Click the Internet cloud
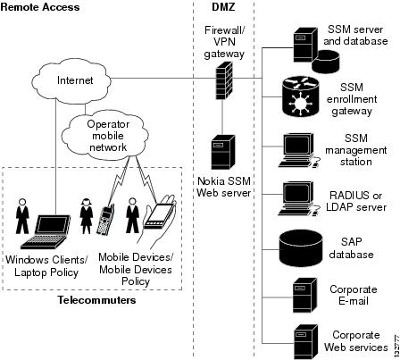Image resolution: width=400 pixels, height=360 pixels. pyautogui.click(x=71, y=80)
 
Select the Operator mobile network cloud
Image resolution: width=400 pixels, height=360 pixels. pyautogui.click(x=107, y=135)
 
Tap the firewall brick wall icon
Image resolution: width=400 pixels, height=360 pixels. pyautogui.click(x=223, y=80)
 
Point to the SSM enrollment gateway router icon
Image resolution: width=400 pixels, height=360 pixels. pyautogui.click(x=301, y=96)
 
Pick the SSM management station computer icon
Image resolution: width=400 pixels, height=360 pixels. pyautogui.click(x=298, y=150)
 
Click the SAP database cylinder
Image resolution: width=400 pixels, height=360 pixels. pyautogui.click(x=301, y=249)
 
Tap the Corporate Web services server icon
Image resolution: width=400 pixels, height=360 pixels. pyautogui.click(x=305, y=342)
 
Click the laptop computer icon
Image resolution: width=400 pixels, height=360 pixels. pyautogui.click(x=46, y=231)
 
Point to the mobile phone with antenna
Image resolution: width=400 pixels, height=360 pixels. pyautogui.click(x=106, y=220)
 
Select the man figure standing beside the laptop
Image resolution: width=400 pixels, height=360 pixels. pyautogui.click(x=22, y=216)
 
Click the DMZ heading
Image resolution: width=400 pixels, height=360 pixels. pyautogui.click(x=223, y=7)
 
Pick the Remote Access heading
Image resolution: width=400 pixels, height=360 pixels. pyautogui.click(x=40, y=7)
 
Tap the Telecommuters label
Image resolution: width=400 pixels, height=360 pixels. pyautogui.click(x=96, y=299)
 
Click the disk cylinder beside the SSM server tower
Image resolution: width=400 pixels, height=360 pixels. pyautogui.click(x=326, y=62)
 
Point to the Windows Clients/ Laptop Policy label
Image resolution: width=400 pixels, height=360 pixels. pyautogui.click(x=46, y=266)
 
